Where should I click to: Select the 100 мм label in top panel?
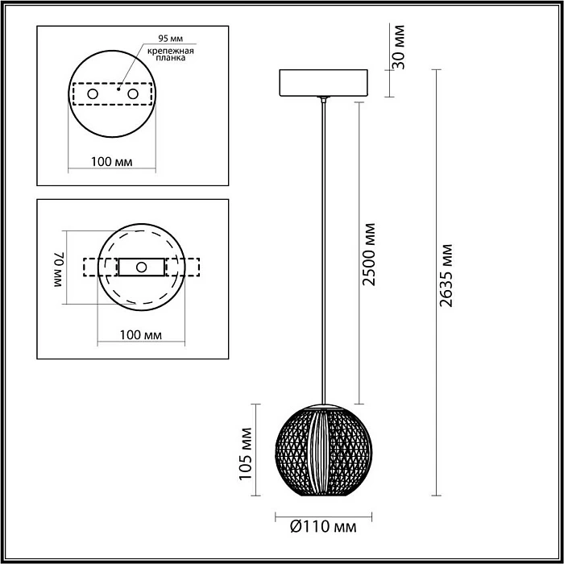[x=112, y=162]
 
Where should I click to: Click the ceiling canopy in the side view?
[x=322, y=83]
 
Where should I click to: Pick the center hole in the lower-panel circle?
[x=142, y=267]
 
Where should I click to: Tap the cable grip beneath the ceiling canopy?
[x=323, y=101]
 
